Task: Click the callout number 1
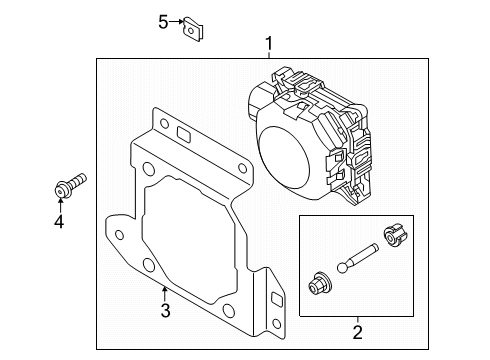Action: [269, 44]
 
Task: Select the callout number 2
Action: [357, 332]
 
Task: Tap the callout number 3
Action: [165, 310]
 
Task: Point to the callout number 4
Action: [59, 221]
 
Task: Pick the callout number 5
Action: [163, 22]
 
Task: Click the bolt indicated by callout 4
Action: [70, 186]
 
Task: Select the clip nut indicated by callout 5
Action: [193, 29]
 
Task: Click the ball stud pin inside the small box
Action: [357, 258]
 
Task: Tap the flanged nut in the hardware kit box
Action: [319, 283]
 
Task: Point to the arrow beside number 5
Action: [176, 22]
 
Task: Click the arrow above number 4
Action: [60, 206]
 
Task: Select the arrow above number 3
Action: [164, 295]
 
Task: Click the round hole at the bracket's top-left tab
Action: [164, 123]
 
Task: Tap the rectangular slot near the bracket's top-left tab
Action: [184, 133]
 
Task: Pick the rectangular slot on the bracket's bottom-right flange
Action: [277, 299]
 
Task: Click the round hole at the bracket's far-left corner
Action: [119, 235]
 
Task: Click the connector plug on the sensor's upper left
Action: [259, 97]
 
